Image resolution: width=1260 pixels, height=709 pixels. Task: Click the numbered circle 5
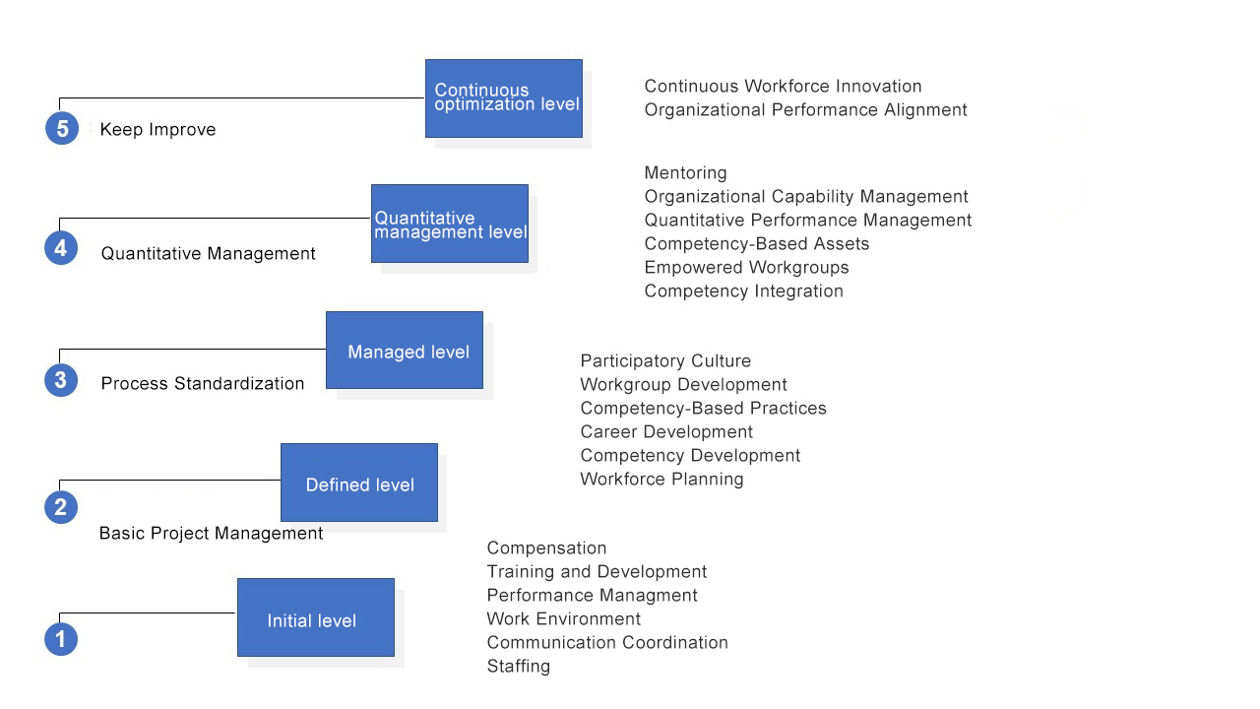coord(62,128)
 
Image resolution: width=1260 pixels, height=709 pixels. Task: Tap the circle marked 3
coord(61,380)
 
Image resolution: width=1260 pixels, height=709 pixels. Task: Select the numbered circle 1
coord(61,639)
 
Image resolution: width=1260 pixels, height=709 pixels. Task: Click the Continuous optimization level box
coord(504,98)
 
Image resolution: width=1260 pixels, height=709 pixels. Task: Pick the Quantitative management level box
coord(450,224)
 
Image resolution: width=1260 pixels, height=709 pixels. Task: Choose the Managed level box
coord(405,350)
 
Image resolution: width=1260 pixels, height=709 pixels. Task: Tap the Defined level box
coord(359,483)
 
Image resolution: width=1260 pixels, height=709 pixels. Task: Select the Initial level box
coord(316,617)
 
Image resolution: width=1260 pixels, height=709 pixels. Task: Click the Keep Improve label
coord(158,129)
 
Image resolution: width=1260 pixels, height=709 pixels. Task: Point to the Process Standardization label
coord(203,383)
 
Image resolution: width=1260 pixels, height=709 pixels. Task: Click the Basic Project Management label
coord(211,533)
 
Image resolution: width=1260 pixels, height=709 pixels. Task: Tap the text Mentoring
coord(686,172)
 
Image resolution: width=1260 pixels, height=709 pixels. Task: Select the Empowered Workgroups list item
coord(746,267)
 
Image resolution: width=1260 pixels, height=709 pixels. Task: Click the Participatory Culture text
coord(665,360)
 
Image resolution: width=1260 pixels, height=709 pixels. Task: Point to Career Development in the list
coord(666,431)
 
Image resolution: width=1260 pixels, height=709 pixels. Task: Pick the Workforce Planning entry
coord(662,479)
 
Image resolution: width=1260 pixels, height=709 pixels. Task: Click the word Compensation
coord(546,548)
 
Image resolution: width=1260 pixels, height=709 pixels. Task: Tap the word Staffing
coord(519,667)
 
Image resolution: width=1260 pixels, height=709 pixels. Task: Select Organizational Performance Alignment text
coord(805,109)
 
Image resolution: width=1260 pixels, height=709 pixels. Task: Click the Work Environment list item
coord(564,619)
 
